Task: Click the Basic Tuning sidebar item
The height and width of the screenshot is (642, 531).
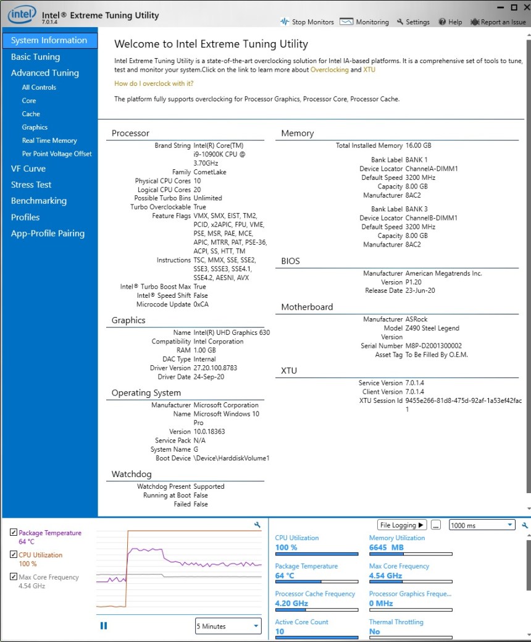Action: pos(35,57)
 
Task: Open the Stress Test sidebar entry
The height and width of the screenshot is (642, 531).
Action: pos(31,185)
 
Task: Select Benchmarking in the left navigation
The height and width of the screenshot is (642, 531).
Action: pos(38,201)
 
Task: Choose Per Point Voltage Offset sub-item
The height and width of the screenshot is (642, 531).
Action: pos(57,154)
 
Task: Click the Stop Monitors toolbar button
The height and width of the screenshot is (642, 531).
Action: pos(307,22)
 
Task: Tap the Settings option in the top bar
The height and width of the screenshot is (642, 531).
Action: pos(413,22)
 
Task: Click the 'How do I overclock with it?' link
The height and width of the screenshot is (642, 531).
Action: pos(154,83)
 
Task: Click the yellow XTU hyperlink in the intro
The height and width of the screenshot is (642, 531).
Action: pos(369,70)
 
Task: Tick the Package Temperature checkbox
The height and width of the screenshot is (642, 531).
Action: pos(14,533)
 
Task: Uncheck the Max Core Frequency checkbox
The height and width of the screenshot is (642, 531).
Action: pos(14,577)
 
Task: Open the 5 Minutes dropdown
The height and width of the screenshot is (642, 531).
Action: pos(228,626)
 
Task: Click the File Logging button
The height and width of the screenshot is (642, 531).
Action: pos(402,525)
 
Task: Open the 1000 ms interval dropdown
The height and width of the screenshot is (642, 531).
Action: pos(482,525)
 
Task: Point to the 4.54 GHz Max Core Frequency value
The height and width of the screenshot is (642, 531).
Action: pos(385,576)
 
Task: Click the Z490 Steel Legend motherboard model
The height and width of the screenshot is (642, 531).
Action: pos(432,328)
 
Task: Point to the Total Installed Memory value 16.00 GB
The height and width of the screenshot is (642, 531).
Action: pos(418,146)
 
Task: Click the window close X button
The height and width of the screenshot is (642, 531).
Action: pos(525,7)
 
